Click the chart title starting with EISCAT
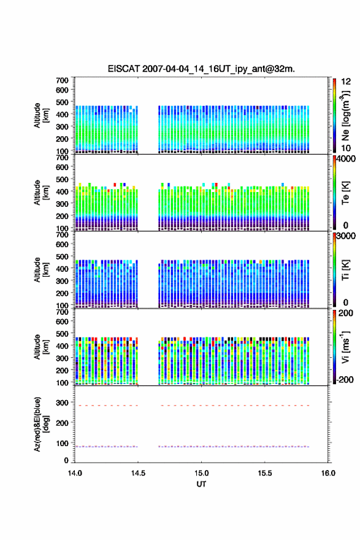[x=201, y=69]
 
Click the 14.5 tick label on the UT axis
[x=138, y=473]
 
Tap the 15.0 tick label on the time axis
[x=201, y=473]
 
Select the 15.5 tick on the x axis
[x=265, y=473]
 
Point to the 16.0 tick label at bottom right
[x=328, y=473]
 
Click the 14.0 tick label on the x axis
[x=75, y=473]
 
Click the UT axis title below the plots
[x=201, y=484]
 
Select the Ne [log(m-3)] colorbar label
[x=345, y=116]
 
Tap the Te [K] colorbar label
[x=345, y=193]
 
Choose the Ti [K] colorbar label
[x=345, y=269]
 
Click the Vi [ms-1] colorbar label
[x=345, y=347]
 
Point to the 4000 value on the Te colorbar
[x=347, y=159]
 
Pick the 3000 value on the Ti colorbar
[x=347, y=236]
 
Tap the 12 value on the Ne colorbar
[x=347, y=82]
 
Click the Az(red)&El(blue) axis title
[x=41, y=424]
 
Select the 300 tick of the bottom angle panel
[x=63, y=403]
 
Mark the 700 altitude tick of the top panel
[x=63, y=80]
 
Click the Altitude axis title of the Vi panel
[x=41, y=347]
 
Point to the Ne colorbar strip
[x=334, y=116]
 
